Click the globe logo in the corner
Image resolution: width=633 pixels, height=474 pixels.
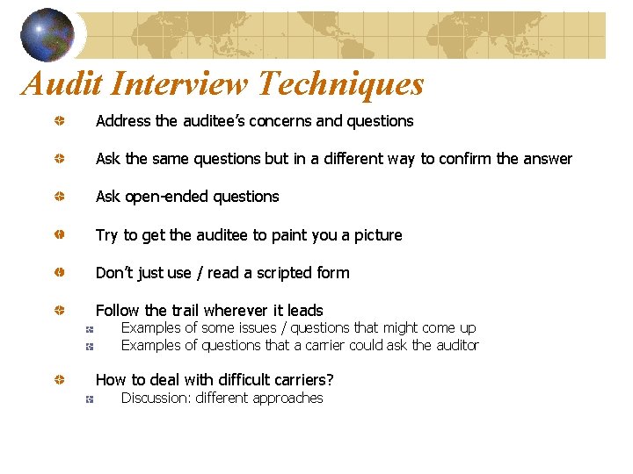[x=47, y=34]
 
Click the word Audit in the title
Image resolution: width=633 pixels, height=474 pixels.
[x=60, y=84]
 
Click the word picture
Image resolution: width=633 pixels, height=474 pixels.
[x=376, y=235]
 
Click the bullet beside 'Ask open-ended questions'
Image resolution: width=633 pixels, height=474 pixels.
[x=55, y=197]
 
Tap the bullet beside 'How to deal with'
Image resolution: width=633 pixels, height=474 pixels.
[x=55, y=380]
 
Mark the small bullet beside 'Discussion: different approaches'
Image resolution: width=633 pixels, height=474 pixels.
[x=90, y=399]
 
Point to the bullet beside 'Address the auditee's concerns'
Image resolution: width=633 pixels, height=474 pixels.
[x=55, y=121]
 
